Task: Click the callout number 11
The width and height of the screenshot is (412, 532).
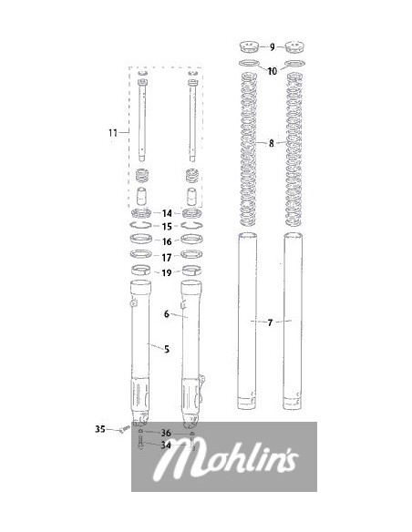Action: click(x=113, y=133)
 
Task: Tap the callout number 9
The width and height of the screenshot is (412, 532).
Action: click(x=273, y=46)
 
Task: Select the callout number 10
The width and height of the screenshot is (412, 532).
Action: click(x=273, y=71)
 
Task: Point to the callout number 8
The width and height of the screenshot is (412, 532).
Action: click(x=271, y=143)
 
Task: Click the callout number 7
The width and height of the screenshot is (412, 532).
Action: click(x=270, y=322)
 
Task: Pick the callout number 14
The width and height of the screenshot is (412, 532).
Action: click(x=167, y=213)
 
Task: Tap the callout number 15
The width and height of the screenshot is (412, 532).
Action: click(x=167, y=226)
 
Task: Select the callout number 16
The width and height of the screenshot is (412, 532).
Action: click(x=167, y=241)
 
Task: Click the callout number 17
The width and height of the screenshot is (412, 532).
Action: click(x=166, y=258)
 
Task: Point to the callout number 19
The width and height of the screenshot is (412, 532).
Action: click(x=166, y=272)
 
